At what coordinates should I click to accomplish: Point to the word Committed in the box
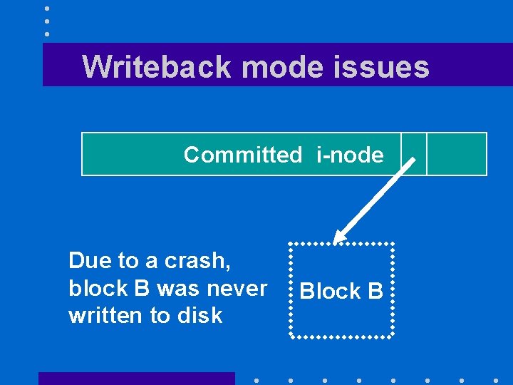(242, 155)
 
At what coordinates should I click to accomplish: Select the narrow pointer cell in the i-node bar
(413, 153)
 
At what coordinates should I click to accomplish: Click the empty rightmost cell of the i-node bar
(456, 153)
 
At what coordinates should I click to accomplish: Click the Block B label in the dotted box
(341, 291)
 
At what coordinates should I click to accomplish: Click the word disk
(199, 315)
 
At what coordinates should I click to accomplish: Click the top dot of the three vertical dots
(47, 9)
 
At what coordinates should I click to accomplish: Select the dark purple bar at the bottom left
(136, 378)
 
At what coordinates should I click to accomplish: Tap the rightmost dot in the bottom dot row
(496, 381)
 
